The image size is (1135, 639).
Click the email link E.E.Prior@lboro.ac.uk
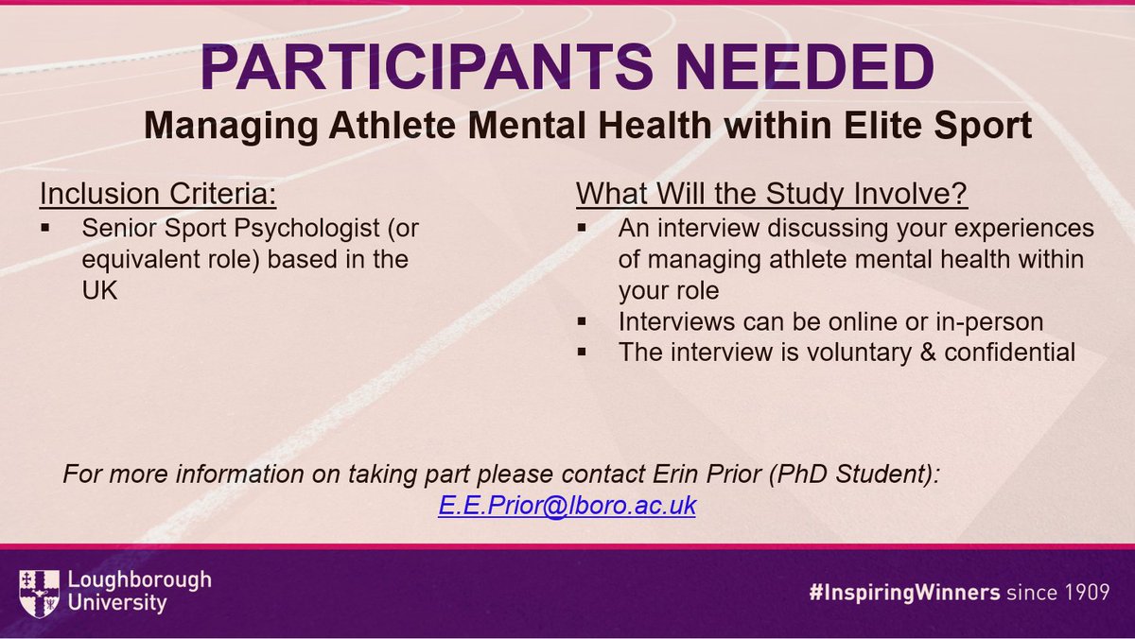point(567,506)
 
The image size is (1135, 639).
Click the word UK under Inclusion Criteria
point(97,291)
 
